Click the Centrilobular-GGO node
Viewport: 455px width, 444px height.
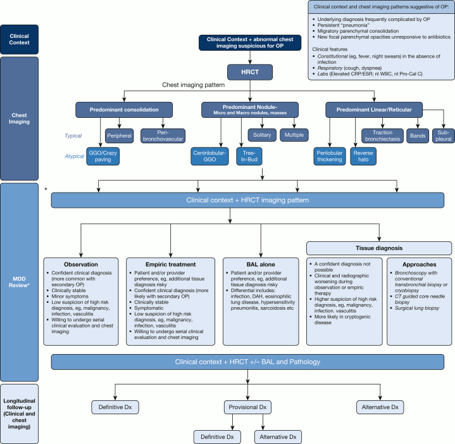click(212, 156)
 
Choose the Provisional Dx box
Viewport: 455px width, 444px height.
click(244, 406)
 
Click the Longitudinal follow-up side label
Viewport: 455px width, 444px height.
click(20, 411)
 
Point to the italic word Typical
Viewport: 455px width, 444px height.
click(74, 136)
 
